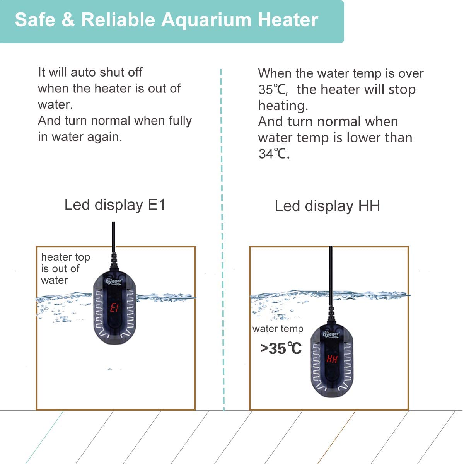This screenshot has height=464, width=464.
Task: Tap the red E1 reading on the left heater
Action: (114, 308)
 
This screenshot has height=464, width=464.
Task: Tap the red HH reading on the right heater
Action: (332, 359)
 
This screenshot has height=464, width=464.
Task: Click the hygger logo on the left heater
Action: (114, 281)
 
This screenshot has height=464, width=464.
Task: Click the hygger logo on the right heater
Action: (331, 334)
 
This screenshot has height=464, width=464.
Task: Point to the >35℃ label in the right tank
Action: (281, 349)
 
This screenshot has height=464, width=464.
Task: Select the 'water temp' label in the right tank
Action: (278, 329)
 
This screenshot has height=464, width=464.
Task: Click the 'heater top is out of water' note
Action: (65, 268)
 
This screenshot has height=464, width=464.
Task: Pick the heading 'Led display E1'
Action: (115, 205)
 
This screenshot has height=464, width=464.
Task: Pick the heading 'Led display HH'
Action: (327, 206)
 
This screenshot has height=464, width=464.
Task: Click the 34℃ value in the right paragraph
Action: (273, 154)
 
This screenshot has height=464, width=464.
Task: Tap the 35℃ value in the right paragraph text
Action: (273, 90)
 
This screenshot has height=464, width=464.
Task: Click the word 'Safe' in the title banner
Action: (33, 20)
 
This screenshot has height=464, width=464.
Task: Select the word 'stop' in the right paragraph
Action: (402, 90)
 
